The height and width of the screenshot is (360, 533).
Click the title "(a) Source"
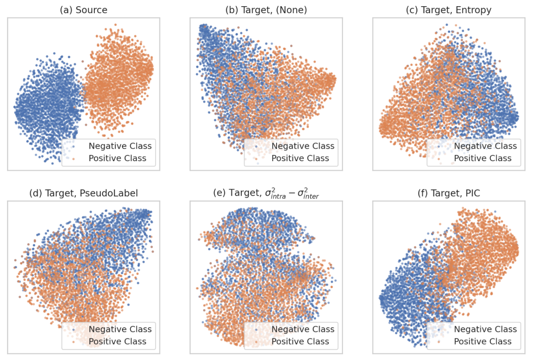tap(84, 10)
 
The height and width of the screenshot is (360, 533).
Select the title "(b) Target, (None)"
tap(266, 10)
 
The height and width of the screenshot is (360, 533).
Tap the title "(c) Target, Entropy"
tap(448, 10)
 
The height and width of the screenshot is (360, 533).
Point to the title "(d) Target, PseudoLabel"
tap(84, 193)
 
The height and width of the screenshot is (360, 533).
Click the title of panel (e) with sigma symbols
tap(266, 193)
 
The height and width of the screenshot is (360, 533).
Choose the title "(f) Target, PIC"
tap(448, 193)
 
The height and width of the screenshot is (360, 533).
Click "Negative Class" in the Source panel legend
tap(120, 146)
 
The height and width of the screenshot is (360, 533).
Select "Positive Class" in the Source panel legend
tap(117, 158)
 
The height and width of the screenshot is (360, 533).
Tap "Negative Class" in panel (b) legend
tap(303, 146)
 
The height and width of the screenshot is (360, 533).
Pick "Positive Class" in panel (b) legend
tap(300, 158)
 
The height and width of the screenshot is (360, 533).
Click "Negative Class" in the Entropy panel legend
tap(485, 146)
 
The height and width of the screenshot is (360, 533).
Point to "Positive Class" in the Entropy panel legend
tap(482, 158)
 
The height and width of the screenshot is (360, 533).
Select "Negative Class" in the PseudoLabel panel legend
tap(120, 329)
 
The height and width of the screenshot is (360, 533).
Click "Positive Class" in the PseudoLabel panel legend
tap(117, 341)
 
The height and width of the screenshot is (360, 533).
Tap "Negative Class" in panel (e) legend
tap(303, 329)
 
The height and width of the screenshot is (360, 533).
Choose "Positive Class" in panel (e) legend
tap(300, 341)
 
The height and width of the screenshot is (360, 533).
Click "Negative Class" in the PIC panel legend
tap(485, 329)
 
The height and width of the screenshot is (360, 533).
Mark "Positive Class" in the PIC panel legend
tap(482, 341)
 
